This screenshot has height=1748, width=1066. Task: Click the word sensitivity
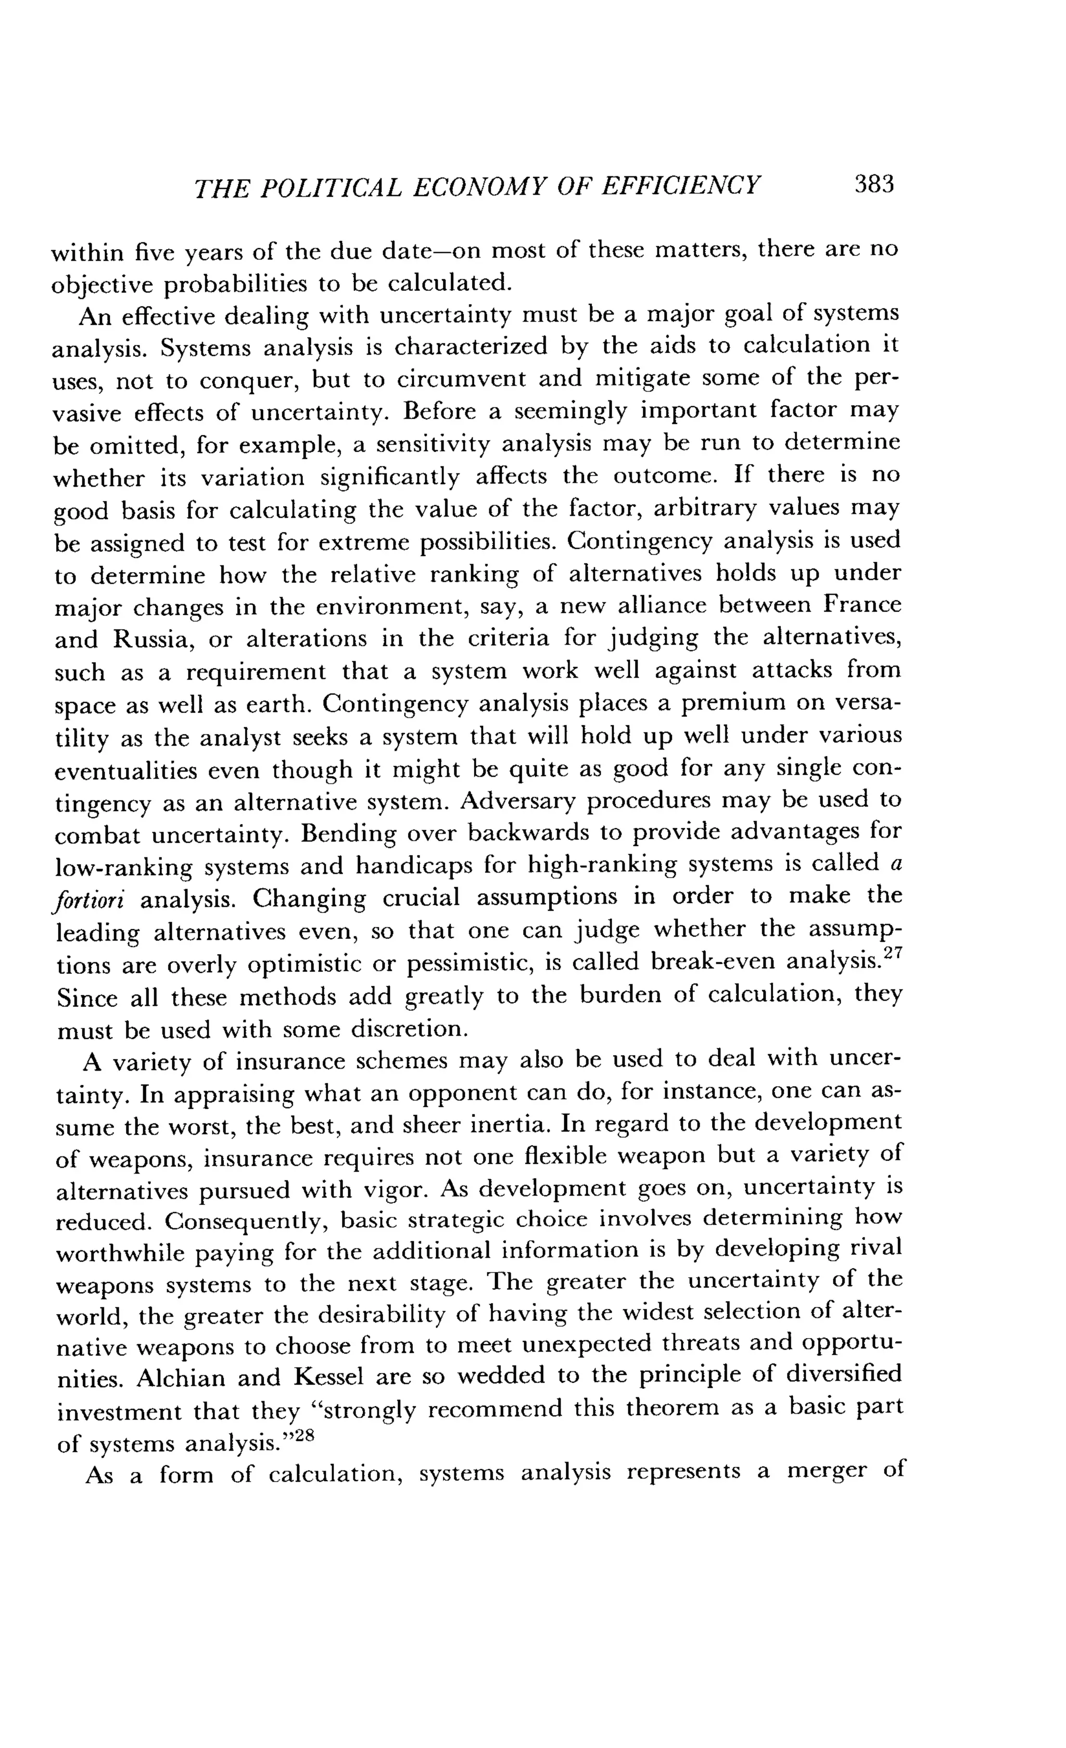(x=432, y=445)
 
